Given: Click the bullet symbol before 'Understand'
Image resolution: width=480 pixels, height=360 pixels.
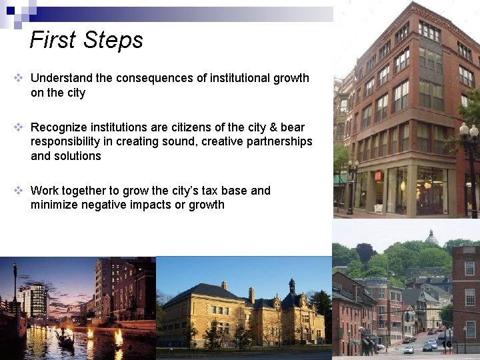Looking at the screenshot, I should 19,78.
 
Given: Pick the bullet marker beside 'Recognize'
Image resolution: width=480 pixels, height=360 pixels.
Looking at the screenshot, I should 19,127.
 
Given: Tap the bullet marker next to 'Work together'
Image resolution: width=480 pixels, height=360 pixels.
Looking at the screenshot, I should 19,191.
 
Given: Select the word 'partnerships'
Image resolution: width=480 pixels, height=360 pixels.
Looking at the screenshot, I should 279,141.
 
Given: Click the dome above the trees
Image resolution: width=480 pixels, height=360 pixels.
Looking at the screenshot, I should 432,237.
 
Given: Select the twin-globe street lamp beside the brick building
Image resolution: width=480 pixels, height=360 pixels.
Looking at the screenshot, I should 469,133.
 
